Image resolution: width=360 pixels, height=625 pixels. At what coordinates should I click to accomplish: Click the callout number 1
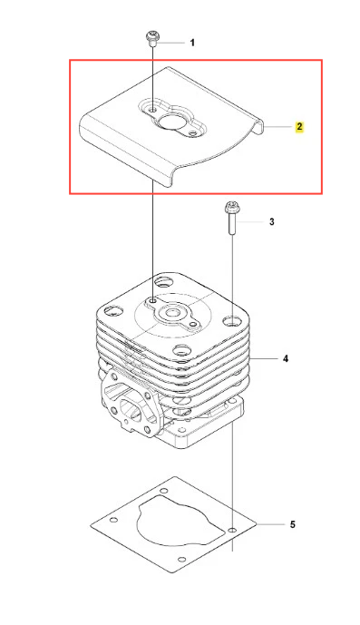[x=192, y=43]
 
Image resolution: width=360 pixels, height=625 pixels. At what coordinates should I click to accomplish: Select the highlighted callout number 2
[x=299, y=127]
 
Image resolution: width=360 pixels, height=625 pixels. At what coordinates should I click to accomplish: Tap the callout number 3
[x=271, y=221]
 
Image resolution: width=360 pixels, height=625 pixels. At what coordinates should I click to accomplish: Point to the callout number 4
[x=286, y=358]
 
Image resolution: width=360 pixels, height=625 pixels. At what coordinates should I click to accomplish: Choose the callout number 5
[x=293, y=524]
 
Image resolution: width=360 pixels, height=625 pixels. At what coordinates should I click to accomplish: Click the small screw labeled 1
[x=152, y=39]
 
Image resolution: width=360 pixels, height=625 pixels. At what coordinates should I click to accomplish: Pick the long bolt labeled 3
[x=231, y=218]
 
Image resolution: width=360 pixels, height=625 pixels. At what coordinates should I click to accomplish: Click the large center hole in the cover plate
[x=169, y=121]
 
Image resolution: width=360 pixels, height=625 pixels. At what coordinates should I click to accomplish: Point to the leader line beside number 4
[x=263, y=358]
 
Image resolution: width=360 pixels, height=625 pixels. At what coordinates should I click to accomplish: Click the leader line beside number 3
[x=251, y=221]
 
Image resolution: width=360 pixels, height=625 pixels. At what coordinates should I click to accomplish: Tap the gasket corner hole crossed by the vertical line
[x=232, y=530]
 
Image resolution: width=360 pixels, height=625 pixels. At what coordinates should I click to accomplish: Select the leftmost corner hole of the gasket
[x=114, y=520]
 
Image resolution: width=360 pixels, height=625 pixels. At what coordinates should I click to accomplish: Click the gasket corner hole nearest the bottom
[x=181, y=559]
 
